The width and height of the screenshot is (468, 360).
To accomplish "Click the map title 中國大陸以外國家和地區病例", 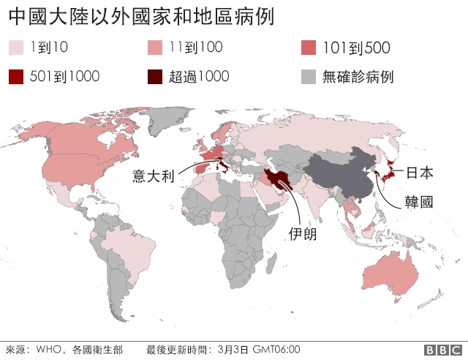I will pyautogui.click(x=141, y=16).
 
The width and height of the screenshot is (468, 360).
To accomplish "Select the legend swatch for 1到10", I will pyautogui.click(x=16, y=49).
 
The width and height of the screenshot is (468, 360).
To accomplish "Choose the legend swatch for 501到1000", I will pyautogui.click(x=16, y=76).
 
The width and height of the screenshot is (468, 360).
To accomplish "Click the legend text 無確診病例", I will pyautogui.click(x=358, y=76).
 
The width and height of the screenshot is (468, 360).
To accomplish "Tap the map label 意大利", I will pyautogui.click(x=153, y=176).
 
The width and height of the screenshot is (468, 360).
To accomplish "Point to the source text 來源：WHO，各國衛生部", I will pyautogui.click(x=64, y=350).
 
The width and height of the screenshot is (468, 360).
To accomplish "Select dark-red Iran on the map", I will pyautogui.click(x=280, y=179).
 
